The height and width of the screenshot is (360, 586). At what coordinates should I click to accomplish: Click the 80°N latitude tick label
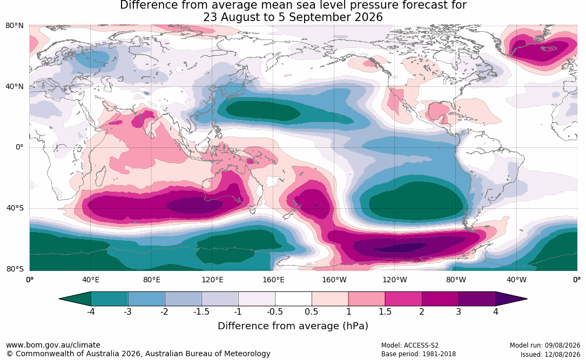coord(15,26)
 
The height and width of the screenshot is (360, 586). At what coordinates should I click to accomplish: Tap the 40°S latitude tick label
coord(15,208)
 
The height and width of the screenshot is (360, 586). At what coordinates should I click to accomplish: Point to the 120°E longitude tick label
coord(212,280)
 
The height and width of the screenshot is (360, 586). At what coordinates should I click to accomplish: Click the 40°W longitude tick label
coord(516,280)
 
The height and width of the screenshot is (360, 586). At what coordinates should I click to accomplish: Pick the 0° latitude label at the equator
coord(19,147)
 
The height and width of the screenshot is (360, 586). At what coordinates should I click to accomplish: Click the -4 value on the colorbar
coord(90,311)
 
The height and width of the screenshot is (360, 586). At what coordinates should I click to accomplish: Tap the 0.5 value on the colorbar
coord(311,311)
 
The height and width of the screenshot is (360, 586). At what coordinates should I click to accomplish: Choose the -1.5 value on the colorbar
coord(201,311)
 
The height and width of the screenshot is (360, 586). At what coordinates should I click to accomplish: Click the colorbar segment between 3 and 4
coord(477,299)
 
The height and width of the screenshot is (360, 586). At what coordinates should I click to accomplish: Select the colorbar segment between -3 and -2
coord(146,299)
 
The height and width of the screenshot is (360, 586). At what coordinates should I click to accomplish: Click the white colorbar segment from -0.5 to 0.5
coord(293,299)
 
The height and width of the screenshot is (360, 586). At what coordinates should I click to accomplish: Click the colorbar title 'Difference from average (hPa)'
coord(293,325)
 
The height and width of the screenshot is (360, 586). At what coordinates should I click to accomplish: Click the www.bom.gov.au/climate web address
coord(53,345)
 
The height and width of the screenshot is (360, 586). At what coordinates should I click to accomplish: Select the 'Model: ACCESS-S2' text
coord(409,345)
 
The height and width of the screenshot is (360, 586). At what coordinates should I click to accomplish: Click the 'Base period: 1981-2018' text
coord(419,354)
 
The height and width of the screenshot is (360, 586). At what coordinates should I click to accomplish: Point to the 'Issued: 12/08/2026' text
coord(550,354)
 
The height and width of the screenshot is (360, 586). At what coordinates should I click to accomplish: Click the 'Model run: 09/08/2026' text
coord(545,345)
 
